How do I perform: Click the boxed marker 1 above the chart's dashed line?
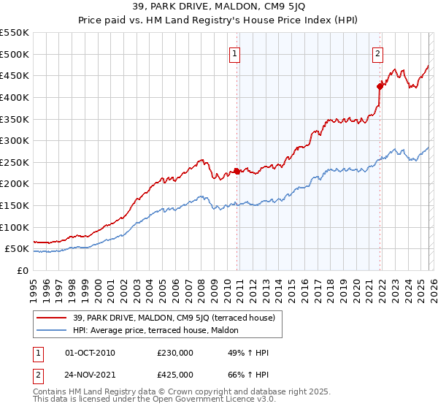pyautogui.click(x=235, y=53)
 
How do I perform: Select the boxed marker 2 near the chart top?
pyautogui.click(x=377, y=53)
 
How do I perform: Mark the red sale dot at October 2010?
pyautogui.click(x=237, y=171)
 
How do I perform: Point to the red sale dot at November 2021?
pyautogui.click(x=380, y=86)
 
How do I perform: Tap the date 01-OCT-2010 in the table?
pyautogui.click(x=91, y=353)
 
